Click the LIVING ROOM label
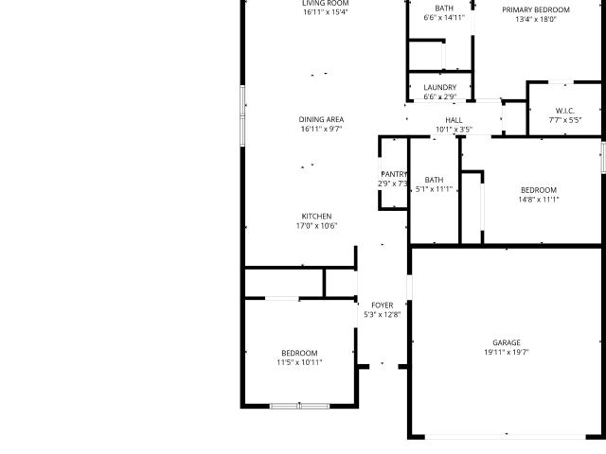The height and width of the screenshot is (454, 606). coord(326,3)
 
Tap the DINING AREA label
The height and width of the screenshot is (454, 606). coord(321,120)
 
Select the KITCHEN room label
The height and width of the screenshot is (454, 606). coord(316,217)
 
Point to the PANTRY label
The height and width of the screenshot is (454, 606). coord(394,174)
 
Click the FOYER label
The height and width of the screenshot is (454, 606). coord(383,306)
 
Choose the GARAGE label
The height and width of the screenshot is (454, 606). coord(507,342)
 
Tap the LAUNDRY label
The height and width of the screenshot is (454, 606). coord(439,87)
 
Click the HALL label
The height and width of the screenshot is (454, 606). coord(454,120)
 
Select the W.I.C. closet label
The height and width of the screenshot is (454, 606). coord(565,111)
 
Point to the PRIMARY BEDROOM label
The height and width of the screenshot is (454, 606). coord(536,9)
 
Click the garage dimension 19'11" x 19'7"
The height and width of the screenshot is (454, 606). coord(507,352)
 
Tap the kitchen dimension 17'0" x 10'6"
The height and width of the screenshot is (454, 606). coord(316,226)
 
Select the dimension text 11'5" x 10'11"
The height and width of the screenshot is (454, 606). coord(299,362)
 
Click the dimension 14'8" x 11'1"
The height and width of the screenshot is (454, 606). coord(539,200)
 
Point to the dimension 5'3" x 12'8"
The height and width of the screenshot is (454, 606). coord(383,315)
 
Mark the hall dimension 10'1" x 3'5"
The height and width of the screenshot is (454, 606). coord(454,130)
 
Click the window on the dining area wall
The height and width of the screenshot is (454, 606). coord(242,115)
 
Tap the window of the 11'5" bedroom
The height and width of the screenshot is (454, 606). coord(299,406)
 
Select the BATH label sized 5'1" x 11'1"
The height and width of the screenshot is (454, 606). coord(434,180)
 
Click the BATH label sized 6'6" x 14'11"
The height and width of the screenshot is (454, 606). coord(444,9)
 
